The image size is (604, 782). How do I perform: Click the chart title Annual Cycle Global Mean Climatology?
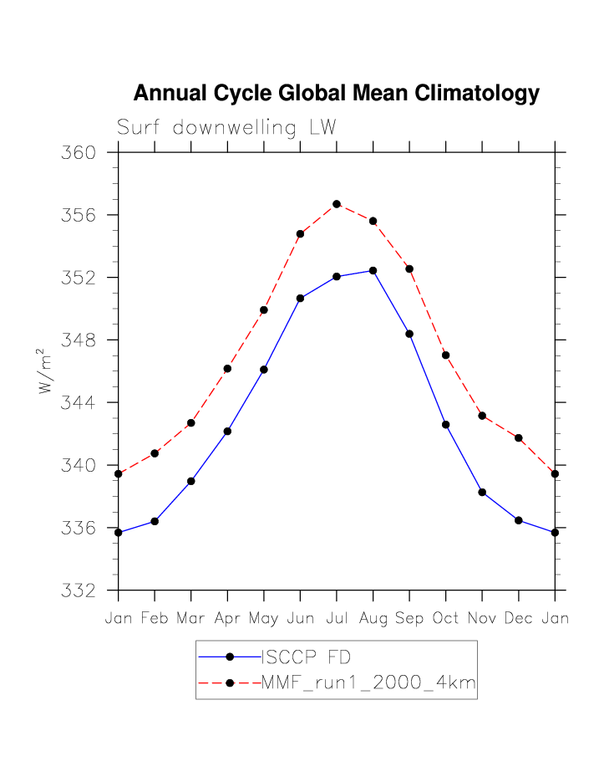(336, 93)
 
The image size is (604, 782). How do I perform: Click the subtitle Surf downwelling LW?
(226, 128)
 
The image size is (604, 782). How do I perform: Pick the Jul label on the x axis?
(337, 619)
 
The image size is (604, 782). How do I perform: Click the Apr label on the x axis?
(227, 619)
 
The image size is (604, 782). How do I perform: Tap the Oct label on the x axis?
(446, 619)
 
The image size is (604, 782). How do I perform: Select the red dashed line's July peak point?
(337, 204)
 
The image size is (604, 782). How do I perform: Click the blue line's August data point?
(373, 270)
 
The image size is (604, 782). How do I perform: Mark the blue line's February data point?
(155, 521)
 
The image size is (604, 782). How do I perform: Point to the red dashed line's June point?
(300, 233)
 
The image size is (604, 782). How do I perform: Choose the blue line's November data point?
(482, 492)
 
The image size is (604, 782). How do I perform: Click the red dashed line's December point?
(519, 437)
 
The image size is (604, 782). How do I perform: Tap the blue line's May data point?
(264, 369)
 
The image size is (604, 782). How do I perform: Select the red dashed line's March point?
(191, 422)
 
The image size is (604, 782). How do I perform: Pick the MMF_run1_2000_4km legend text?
(368, 683)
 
